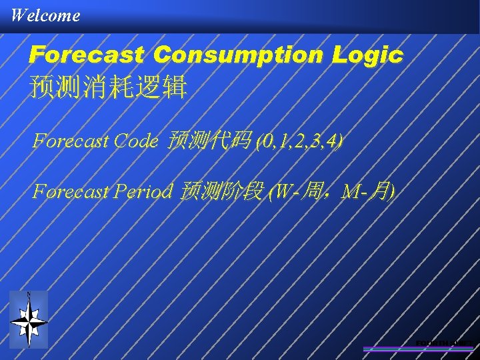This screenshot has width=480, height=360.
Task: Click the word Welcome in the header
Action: (x=45, y=15)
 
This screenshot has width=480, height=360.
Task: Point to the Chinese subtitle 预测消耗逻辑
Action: (x=108, y=87)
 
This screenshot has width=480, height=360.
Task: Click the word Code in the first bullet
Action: (x=137, y=141)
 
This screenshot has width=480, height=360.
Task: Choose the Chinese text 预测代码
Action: (x=210, y=141)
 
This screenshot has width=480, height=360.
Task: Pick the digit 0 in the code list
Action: (x=268, y=141)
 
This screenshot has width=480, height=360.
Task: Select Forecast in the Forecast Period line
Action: (x=71, y=193)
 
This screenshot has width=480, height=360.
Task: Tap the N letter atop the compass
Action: (x=29, y=295)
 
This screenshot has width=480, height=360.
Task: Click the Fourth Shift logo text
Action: (x=443, y=343)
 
